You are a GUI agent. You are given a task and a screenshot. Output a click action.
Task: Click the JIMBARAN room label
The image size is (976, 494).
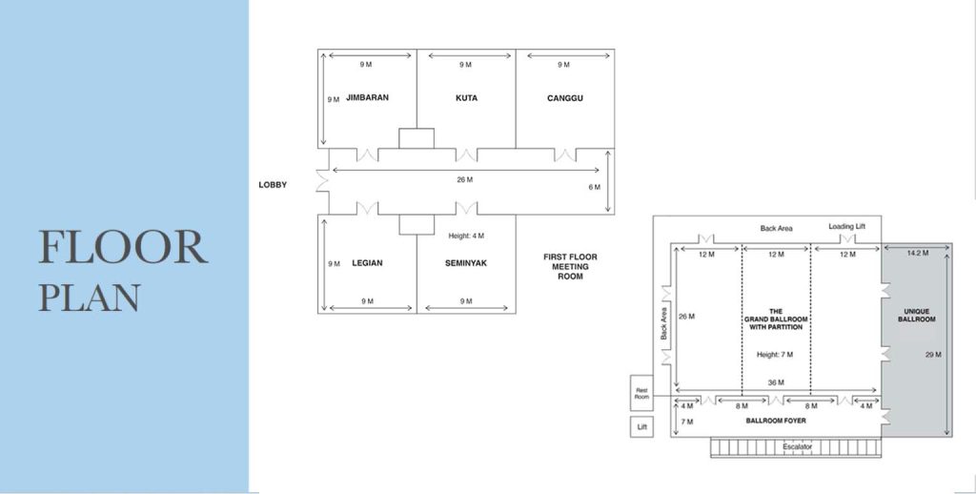367,97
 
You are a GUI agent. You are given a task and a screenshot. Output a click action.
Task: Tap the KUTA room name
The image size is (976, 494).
466,98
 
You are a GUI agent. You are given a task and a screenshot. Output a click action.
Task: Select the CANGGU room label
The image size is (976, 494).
565,98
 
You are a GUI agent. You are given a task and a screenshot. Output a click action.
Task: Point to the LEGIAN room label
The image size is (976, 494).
367,263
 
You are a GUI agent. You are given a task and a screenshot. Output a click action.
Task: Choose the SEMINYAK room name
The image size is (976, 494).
466,263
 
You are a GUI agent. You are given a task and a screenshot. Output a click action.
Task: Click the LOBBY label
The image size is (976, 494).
273,184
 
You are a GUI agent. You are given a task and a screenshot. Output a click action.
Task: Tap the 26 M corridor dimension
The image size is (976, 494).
464,179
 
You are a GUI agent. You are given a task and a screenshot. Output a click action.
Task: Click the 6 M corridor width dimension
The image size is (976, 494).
595,187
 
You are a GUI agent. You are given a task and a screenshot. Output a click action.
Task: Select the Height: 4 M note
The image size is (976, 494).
466,236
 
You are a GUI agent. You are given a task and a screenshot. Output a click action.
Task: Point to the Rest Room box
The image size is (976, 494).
641,393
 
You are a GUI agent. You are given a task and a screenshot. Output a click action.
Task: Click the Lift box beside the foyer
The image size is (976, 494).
641,426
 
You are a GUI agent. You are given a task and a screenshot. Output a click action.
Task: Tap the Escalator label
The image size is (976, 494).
798,446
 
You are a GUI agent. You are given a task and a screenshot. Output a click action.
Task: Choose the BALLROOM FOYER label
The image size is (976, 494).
776,421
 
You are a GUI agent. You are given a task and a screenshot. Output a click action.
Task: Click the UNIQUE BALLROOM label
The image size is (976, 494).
917,316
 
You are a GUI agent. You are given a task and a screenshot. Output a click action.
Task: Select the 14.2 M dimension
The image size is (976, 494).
918,253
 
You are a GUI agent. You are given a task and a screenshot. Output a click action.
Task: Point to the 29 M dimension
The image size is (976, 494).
933,355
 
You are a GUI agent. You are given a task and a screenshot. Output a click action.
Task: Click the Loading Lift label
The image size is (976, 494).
846,226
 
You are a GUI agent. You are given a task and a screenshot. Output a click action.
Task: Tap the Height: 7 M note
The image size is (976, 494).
775,355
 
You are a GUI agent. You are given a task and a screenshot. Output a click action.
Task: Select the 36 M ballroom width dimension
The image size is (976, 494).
776,382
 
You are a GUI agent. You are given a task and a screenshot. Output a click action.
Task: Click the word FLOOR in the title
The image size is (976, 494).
123,247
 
